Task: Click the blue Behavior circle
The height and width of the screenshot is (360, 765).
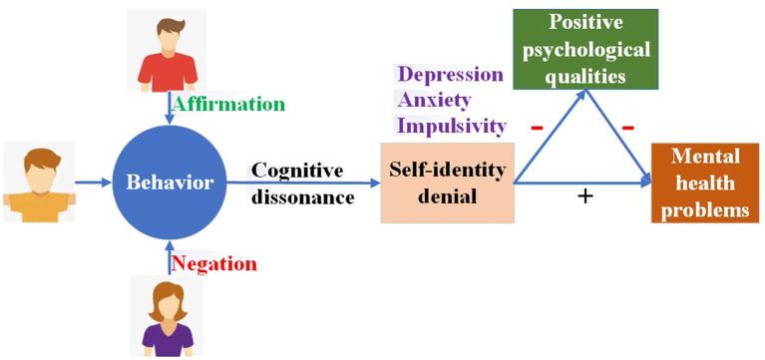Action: click(169, 183)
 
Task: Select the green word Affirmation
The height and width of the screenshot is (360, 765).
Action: click(228, 104)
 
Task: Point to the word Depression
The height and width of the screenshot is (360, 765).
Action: click(449, 75)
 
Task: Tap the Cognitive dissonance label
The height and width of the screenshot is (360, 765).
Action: click(303, 183)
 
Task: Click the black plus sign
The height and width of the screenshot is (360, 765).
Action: click(585, 196)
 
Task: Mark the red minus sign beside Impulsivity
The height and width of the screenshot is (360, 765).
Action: click(536, 128)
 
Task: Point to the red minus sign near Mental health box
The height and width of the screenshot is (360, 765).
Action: click(630, 128)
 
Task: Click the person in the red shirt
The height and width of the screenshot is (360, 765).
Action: click(167, 50)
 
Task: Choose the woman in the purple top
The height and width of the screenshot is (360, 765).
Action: click(167, 316)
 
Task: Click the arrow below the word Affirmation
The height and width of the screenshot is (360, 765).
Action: click(169, 109)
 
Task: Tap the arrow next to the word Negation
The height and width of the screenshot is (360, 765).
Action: click(169, 258)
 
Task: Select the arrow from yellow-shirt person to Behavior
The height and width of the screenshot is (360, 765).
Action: click(95, 182)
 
